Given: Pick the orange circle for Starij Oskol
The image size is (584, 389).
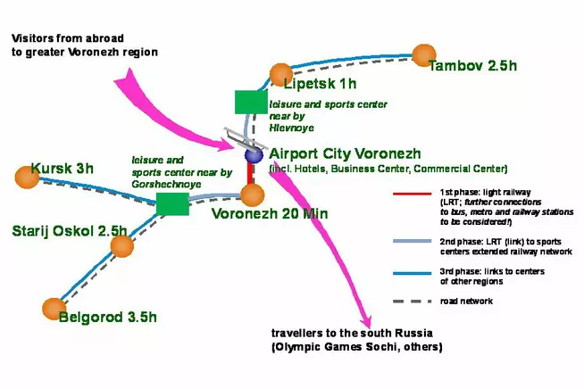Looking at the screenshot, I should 121,246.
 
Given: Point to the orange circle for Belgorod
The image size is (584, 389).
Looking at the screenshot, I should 54,309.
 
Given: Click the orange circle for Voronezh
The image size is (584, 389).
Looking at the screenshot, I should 253,195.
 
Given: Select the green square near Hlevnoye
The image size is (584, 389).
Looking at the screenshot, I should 250,102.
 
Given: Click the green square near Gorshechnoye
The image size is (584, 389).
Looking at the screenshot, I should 172,203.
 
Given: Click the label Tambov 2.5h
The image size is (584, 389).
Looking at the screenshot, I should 472,67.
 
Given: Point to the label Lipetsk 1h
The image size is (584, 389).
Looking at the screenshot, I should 320,85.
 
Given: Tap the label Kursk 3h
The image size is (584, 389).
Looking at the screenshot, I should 62,169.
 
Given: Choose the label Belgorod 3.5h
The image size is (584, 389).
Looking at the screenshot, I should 107,316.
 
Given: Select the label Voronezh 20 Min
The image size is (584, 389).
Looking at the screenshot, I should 270,214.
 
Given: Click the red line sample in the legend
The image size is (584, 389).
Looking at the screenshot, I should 410,194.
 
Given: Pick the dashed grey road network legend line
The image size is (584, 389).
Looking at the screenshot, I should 410,302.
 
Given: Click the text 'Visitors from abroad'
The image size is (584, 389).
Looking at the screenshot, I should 67,39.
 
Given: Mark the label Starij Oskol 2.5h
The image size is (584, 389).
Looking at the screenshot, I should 70,231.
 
